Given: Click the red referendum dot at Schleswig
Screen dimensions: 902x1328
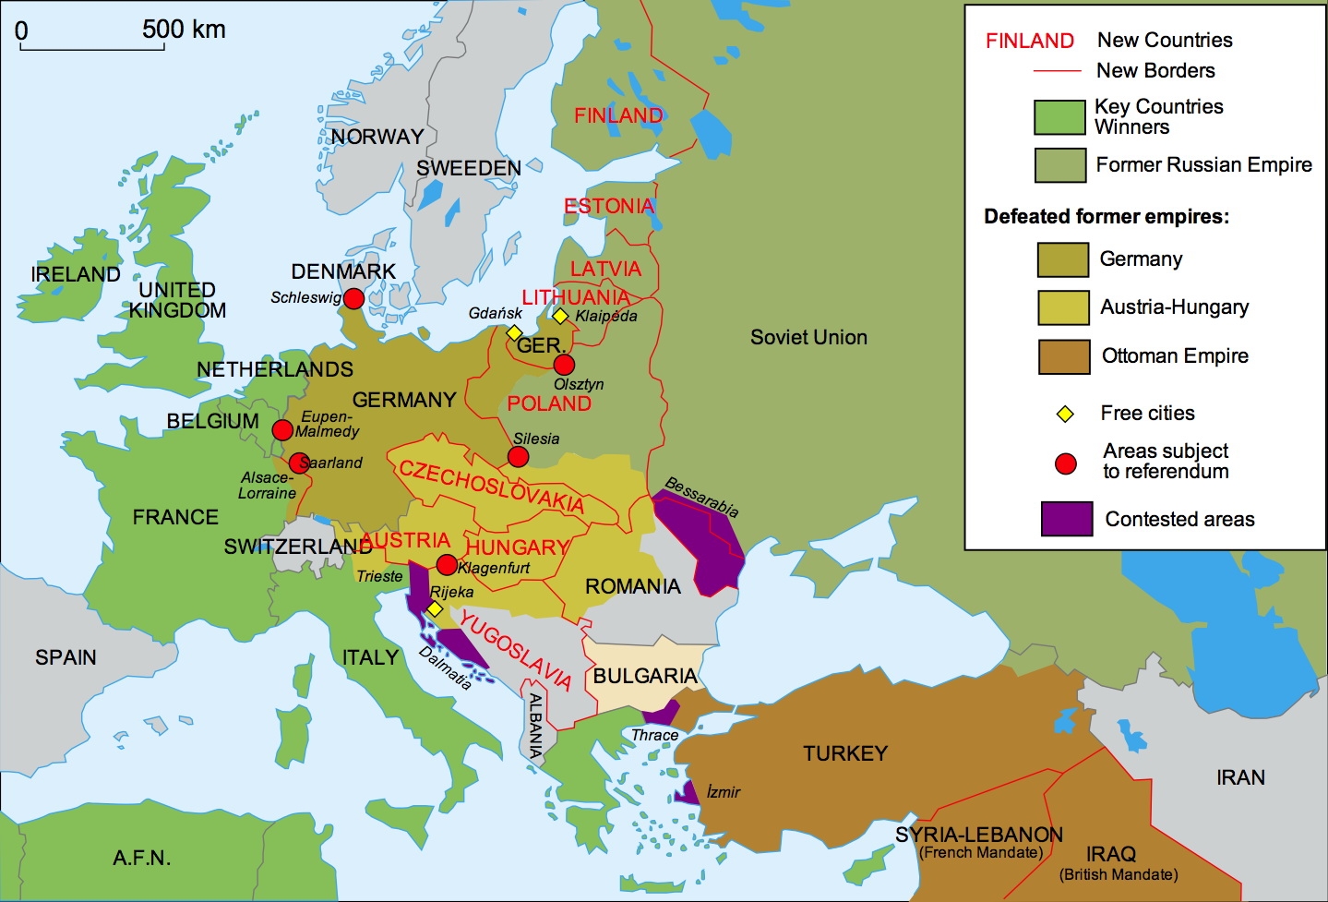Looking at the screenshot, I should pos(353,298).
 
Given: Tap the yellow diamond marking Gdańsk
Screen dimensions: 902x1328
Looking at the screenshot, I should pos(515,332).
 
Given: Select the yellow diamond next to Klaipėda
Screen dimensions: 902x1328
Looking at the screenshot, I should pos(560,316).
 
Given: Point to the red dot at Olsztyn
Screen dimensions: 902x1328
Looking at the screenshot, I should pos(564,365).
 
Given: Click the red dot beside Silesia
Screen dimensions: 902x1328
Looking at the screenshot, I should pos(519,457).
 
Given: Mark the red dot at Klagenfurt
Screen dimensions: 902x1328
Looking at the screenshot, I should pos(447,565).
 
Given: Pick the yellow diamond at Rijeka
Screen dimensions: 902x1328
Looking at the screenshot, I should pos(435,609).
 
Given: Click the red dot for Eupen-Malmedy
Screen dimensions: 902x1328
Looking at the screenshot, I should pos(282,429).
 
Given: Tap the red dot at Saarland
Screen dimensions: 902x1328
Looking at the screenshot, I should pos(298,463).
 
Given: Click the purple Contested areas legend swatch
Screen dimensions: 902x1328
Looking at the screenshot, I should pos(1067,519).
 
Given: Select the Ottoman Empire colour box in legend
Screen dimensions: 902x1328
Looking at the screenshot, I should pos(1063,356).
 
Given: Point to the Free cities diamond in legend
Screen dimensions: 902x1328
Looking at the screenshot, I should pos(1065,415).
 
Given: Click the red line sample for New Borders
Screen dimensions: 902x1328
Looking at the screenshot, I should pos(1057,71).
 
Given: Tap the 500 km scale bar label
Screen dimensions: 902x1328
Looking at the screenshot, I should pos(184,30).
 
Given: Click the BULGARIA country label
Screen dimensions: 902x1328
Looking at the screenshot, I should pos(645,676).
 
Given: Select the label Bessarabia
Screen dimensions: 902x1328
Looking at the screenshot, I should pos(701,497).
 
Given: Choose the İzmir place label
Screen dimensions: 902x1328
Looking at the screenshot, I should pos(723,792).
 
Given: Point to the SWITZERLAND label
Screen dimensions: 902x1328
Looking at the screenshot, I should pos(298,547).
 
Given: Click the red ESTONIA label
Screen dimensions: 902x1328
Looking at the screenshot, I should pos(609,206).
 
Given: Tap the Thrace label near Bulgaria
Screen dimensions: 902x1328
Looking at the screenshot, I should pos(654,735).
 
